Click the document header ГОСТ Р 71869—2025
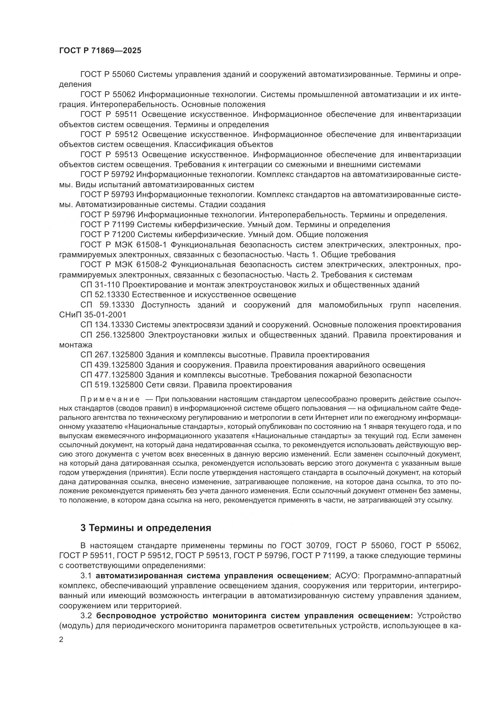pos(100,51)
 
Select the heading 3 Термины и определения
pos(146,528)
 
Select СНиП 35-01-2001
pos(93,315)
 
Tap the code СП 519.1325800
pos(112,385)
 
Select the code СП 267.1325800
pos(112,355)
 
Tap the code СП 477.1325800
pos(112,375)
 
